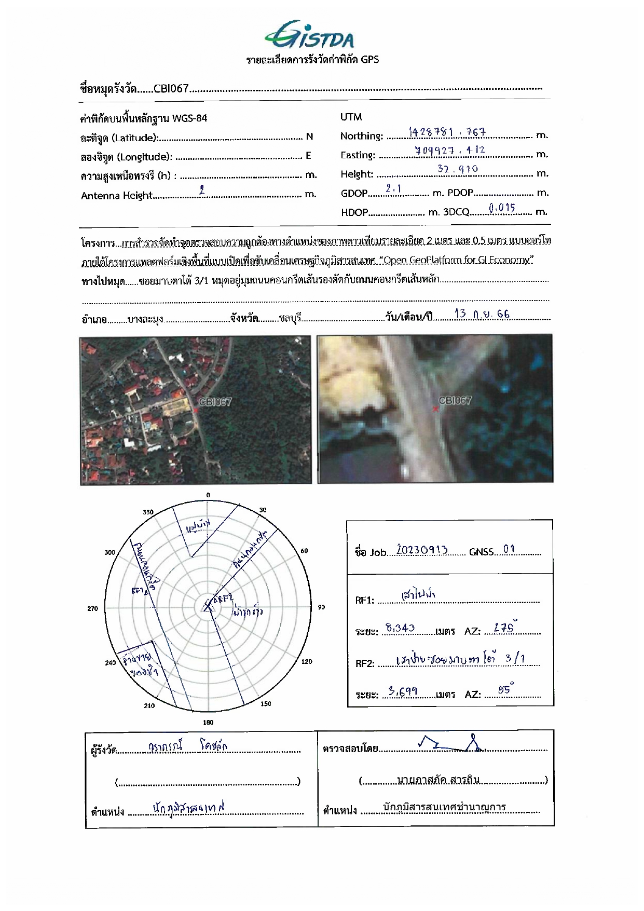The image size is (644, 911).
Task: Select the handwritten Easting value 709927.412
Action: [450, 151]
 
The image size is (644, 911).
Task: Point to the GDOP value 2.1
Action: [394, 189]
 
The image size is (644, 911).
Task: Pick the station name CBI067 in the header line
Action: [171, 89]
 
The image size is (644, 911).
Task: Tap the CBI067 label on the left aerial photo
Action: [215, 402]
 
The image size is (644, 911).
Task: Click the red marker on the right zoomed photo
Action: [435, 409]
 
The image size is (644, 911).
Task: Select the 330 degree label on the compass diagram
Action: [148, 512]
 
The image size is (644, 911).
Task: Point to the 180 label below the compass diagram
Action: [208, 722]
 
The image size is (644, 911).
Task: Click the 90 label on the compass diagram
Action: [321, 607]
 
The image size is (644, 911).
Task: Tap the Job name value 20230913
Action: [422, 550]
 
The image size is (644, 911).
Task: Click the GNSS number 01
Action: [509, 550]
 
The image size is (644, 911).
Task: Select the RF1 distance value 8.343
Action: [400, 628]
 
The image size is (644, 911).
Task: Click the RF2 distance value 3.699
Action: [403, 691]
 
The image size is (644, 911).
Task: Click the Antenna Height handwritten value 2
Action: [202, 191]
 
